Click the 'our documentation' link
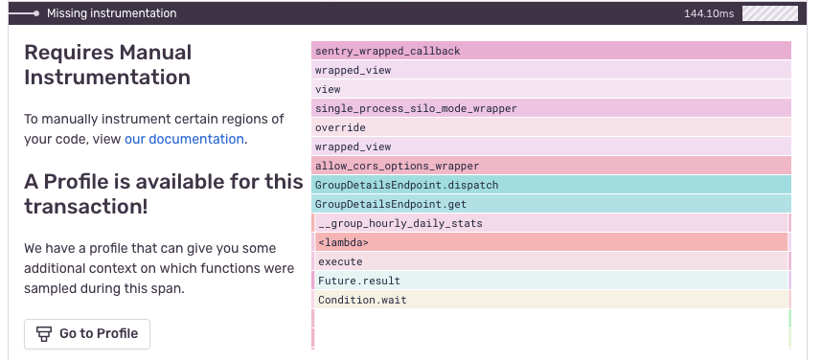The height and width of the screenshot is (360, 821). pyautogui.click(x=184, y=139)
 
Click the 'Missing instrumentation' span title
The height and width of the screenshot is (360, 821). pyautogui.click(x=111, y=13)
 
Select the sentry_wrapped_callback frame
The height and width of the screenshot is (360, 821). pyautogui.click(x=551, y=51)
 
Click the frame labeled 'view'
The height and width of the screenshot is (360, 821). pyautogui.click(x=551, y=89)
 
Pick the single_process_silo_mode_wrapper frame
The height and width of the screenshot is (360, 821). pyautogui.click(x=551, y=108)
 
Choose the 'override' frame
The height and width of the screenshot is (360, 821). pyautogui.click(x=551, y=127)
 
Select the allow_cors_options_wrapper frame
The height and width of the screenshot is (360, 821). pyautogui.click(x=551, y=166)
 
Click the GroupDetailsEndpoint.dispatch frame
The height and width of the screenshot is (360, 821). pyautogui.click(x=551, y=185)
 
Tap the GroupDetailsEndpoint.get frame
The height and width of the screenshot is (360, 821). pyautogui.click(x=551, y=204)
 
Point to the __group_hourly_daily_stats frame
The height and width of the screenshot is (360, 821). pyautogui.click(x=552, y=223)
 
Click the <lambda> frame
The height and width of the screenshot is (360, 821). pyautogui.click(x=552, y=242)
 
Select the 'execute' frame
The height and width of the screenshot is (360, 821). pyautogui.click(x=552, y=261)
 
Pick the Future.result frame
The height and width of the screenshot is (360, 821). pyautogui.click(x=552, y=281)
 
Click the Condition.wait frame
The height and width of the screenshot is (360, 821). pyautogui.click(x=552, y=300)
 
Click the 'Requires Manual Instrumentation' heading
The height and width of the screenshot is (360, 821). pyautogui.click(x=108, y=65)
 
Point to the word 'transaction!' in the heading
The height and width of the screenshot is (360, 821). pyautogui.click(x=86, y=206)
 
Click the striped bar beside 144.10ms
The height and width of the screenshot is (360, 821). pyautogui.click(x=769, y=13)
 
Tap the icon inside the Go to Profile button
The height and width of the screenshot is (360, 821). pyautogui.click(x=43, y=334)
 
